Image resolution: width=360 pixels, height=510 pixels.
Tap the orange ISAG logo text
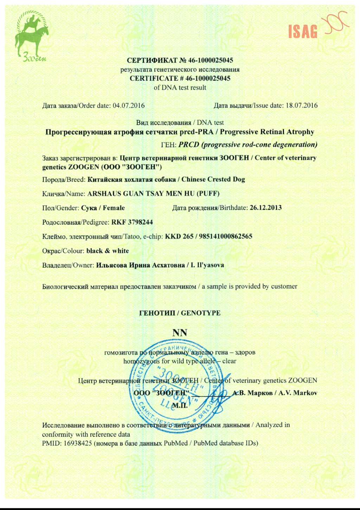coord(303,31)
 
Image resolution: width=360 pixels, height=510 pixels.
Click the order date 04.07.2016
coord(128,105)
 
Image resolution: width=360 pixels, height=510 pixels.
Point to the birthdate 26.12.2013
coord(265,208)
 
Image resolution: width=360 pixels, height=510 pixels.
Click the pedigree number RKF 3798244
coord(132,222)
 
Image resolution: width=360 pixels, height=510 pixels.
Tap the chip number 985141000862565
coord(226,236)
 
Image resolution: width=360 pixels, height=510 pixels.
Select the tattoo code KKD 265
coord(179,236)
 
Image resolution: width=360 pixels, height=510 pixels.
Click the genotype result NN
coord(180,332)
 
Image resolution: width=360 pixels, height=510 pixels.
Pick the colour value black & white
coord(108,251)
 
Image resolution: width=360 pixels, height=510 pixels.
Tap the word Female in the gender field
coord(114,208)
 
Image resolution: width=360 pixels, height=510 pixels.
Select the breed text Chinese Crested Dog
coord(213,179)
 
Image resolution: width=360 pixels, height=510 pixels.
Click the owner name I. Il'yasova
coord(207,265)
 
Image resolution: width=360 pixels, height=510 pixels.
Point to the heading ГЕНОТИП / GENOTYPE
coord(180,313)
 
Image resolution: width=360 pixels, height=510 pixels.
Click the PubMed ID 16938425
coord(78,443)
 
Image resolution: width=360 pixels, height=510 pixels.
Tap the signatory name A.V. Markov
coord(298,393)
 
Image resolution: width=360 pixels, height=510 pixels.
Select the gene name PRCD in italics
coord(189,144)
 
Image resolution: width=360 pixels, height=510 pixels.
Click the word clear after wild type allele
coord(229,361)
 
